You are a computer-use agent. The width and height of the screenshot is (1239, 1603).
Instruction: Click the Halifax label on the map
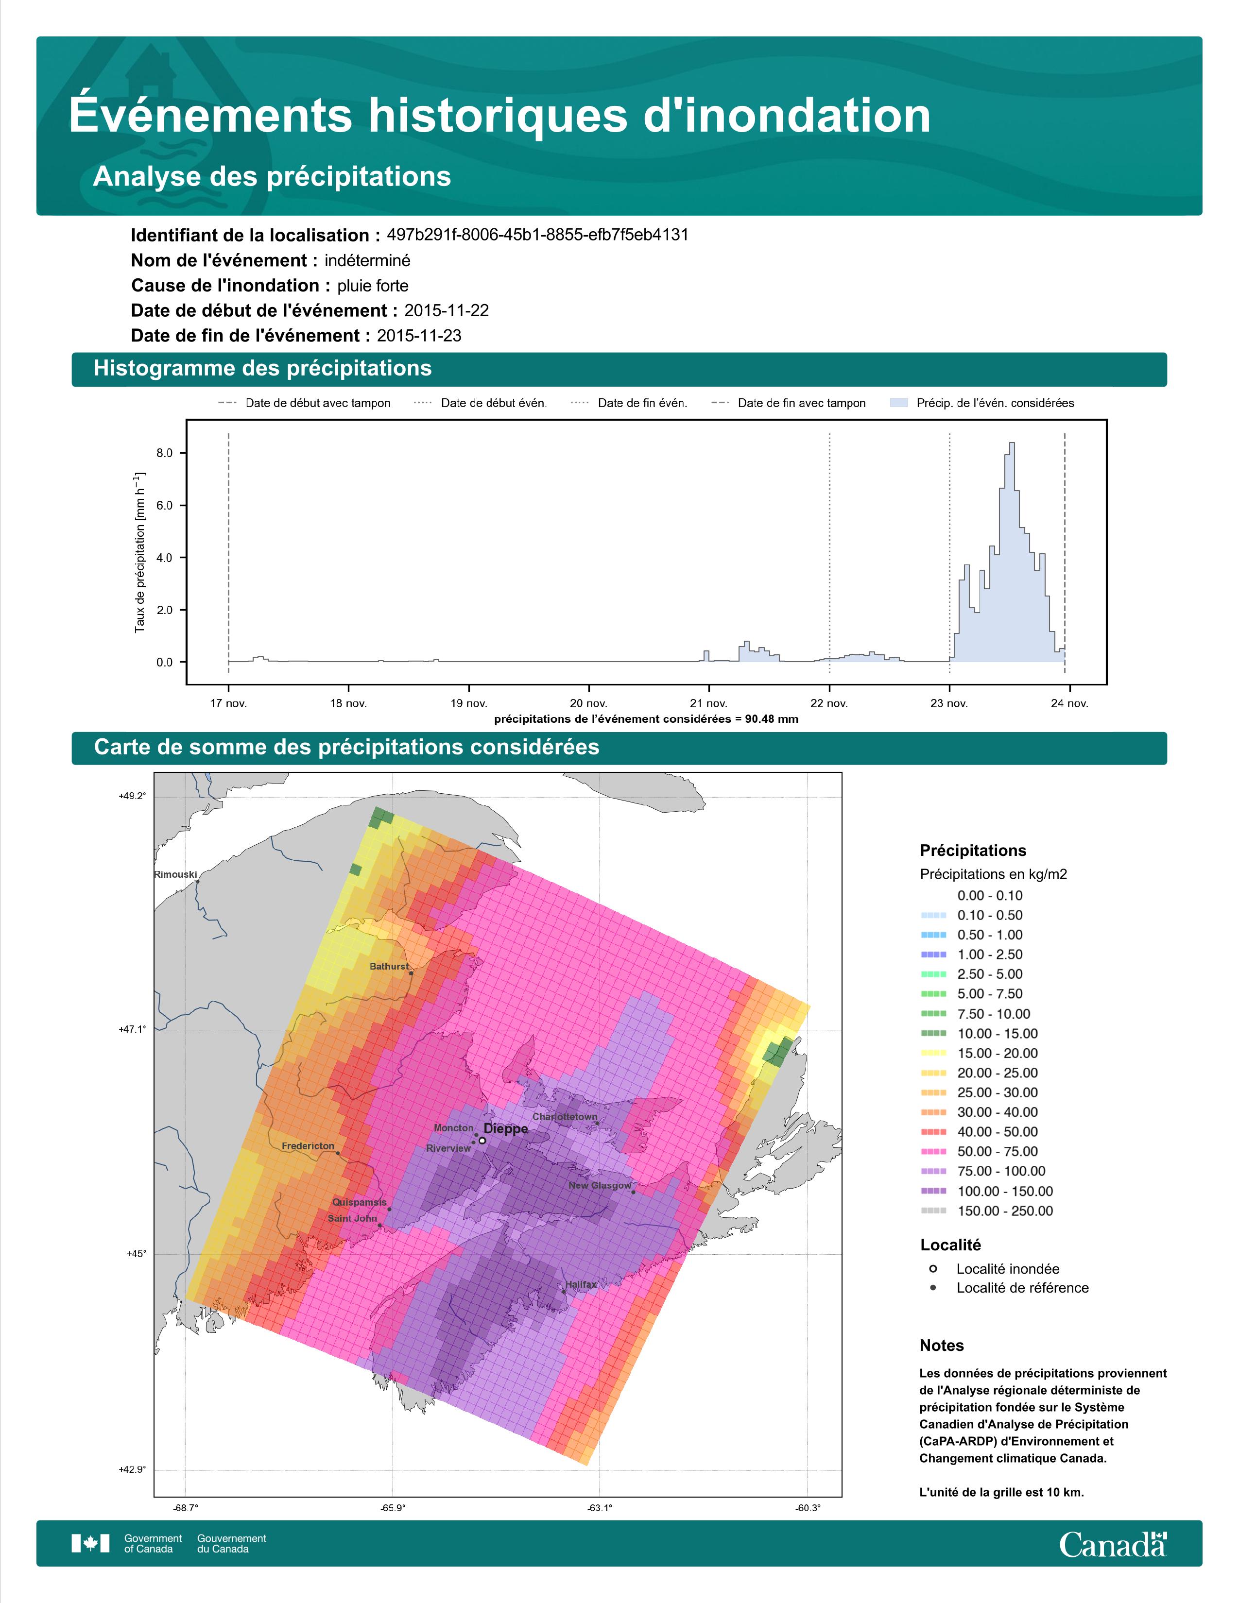coord(581,1284)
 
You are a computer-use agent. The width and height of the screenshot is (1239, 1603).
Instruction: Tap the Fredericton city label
coord(308,1146)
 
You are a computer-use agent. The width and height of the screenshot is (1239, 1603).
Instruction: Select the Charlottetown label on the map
coord(565,1116)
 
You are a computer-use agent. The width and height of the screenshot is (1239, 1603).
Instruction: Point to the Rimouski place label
coord(175,874)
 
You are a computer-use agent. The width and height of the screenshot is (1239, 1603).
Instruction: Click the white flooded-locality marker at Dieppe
coord(482,1141)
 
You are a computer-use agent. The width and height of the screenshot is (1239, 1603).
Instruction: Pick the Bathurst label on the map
coord(389,966)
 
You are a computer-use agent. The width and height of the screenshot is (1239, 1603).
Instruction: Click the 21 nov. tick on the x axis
coord(708,703)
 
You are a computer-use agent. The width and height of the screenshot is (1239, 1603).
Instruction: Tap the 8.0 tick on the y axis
coord(164,453)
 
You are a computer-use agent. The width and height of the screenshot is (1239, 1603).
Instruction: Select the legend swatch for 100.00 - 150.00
coord(933,1191)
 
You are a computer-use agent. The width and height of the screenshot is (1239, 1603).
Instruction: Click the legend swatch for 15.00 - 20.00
coord(933,1053)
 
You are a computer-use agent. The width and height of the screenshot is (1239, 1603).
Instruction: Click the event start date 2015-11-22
coord(446,310)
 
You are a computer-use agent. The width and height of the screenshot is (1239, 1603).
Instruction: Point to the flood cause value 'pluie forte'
coord(373,286)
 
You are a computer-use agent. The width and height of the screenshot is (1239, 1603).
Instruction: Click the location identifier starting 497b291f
coord(537,235)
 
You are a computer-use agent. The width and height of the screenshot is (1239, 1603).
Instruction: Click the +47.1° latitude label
coord(132,1029)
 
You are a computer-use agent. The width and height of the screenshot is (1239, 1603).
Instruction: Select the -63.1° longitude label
coord(600,1508)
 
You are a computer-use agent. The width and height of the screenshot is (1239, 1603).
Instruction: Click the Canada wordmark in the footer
coord(1113,1545)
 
